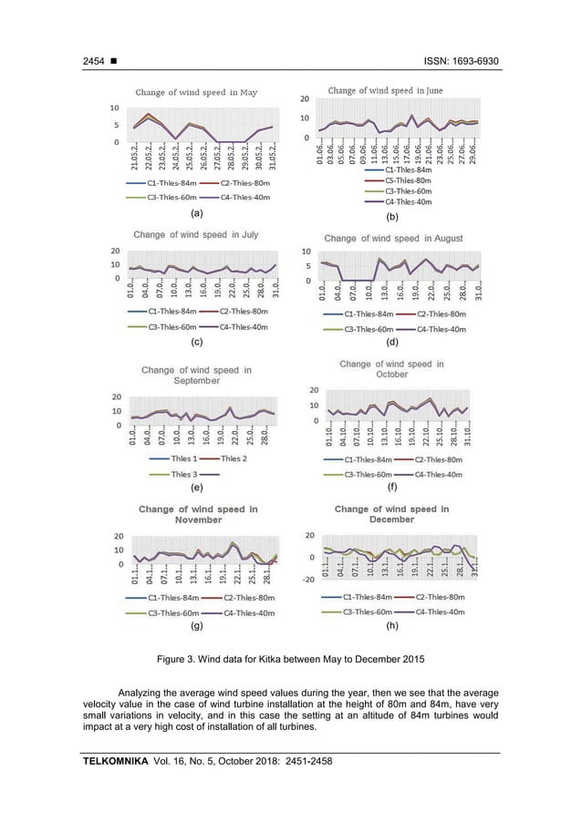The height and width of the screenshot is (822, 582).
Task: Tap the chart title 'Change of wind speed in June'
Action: pyautogui.click(x=385, y=90)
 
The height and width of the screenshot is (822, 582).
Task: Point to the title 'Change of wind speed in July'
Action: pyautogui.click(x=195, y=234)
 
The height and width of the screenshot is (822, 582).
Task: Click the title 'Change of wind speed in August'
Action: pyautogui.click(x=393, y=238)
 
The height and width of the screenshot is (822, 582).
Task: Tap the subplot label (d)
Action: pyautogui.click(x=392, y=343)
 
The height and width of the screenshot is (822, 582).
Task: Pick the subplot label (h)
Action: pyautogui.click(x=392, y=627)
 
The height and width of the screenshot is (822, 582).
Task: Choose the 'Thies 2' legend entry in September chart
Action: pyautogui.click(x=233, y=458)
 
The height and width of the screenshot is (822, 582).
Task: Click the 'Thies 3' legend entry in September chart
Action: pyautogui.click(x=184, y=474)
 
